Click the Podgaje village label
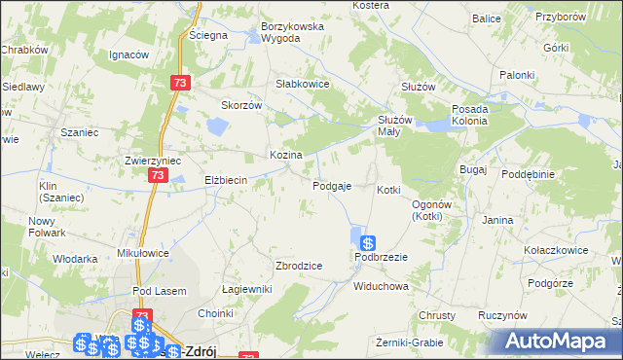(x=332, y=186)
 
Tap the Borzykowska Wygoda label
(x=291, y=32)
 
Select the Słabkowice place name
(x=304, y=84)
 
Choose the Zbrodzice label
(x=299, y=266)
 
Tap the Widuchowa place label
(x=380, y=287)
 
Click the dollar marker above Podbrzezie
(x=368, y=243)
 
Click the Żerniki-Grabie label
(x=409, y=342)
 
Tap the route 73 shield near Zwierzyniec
(x=158, y=175)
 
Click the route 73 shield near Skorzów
(x=178, y=84)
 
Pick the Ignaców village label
(x=128, y=54)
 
